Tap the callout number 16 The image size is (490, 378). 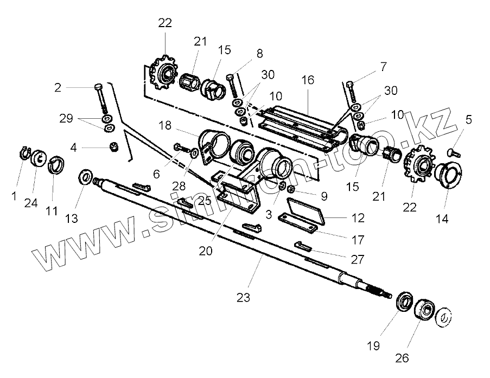(308, 80)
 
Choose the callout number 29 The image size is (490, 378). (66, 119)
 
